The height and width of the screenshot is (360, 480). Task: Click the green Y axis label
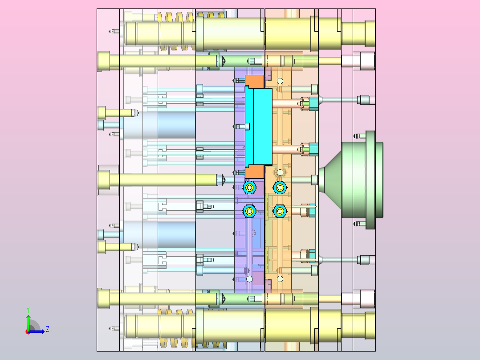[28, 310]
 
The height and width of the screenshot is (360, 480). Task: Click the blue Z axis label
[48, 329]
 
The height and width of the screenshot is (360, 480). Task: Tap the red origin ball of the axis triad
[28, 332]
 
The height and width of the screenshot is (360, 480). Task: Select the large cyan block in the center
[259, 126]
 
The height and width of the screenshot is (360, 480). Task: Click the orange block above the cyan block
[254, 82]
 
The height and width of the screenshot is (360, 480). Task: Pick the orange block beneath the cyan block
[254, 172]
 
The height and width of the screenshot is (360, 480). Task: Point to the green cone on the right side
[330, 180]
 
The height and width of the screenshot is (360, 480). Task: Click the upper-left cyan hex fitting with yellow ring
[249, 188]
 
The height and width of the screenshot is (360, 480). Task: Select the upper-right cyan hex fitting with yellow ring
[280, 188]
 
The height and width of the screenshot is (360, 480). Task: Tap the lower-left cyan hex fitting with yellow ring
[249, 211]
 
